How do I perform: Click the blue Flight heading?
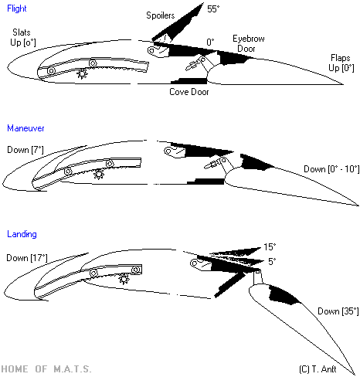point(17,8)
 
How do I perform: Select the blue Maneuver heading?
point(25,128)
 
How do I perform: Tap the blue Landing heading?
point(22,234)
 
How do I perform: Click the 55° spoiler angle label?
point(213,9)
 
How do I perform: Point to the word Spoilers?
point(161,15)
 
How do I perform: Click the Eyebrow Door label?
point(248,43)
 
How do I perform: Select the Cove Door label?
point(189,92)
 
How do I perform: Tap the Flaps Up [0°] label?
point(341,63)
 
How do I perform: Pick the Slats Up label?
point(22,37)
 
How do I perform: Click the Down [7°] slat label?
point(25,150)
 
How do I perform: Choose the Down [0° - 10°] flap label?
point(331,169)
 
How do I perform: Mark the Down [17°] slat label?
point(27,258)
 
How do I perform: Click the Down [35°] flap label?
point(338,311)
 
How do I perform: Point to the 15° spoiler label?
point(270,247)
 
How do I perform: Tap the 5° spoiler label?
point(272,262)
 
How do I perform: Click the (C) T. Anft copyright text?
point(318,369)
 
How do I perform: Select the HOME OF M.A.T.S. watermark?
point(46,369)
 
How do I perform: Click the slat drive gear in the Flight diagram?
point(82,74)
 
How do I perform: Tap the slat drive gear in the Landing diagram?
point(124,279)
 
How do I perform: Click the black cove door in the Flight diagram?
point(189,81)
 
